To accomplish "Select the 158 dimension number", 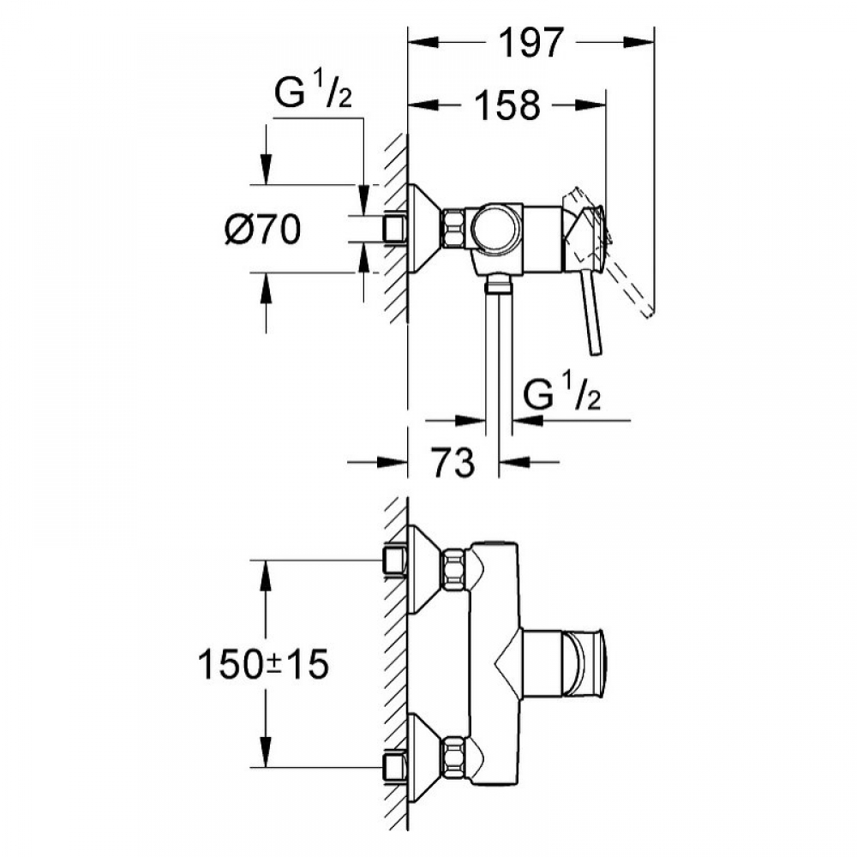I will pos(506,105).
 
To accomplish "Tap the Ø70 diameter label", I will pos(264,229).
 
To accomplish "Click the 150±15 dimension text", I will pos(263,664).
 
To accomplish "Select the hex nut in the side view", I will pos(453,229).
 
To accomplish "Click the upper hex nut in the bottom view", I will pos(453,569).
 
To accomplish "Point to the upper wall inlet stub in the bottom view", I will pos(394,561).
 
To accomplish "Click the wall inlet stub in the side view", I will pos(394,229).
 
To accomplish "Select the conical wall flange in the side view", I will pos(424,229).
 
